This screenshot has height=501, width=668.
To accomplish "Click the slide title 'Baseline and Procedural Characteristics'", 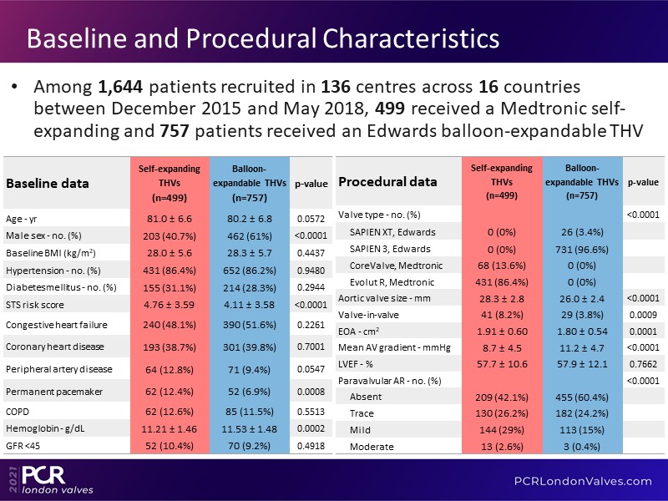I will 264,38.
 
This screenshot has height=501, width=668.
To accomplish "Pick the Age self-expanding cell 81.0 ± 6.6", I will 170,217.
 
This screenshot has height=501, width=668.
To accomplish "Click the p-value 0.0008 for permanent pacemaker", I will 310,391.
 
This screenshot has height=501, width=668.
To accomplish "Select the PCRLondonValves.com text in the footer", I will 582,480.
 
